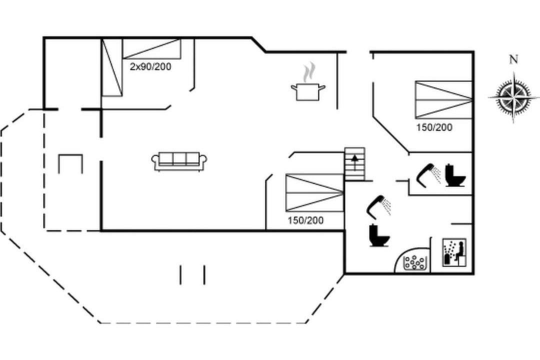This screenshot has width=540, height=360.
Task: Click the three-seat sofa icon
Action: tap(179, 161)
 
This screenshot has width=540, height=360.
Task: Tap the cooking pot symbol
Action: tap(308, 91)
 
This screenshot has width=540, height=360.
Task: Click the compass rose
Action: tap(513, 97)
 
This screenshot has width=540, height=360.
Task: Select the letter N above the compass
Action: tap(513, 59)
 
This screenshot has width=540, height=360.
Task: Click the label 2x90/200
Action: tap(150, 66)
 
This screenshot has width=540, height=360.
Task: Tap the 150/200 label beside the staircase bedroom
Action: tap(306, 220)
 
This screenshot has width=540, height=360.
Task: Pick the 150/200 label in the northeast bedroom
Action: tap(434, 127)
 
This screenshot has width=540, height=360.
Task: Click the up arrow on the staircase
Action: tap(354, 162)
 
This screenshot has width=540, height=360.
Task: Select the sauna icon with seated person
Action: tap(454, 252)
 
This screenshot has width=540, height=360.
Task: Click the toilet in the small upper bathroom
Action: tap(455, 175)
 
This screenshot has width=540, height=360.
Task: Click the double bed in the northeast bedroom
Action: tap(443, 100)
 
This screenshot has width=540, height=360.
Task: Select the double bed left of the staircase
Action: tap(315, 192)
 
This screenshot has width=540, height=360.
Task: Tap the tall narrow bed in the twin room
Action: tap(112, 67)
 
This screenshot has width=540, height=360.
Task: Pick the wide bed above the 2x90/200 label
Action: tap(151, 48)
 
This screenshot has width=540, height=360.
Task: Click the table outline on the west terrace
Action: tap(70, 164)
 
